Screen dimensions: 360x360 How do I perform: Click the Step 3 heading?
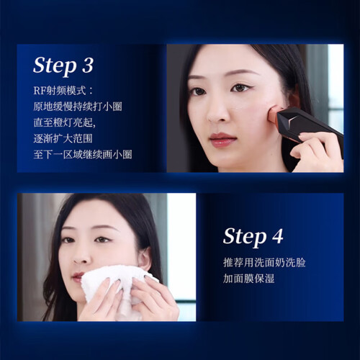pyautogui.click(x=63, y=66)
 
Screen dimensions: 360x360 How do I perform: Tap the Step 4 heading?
pyautogui.click(x=253, y=237)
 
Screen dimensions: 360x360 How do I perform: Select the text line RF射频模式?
pyautogui.click(x=63, y=91)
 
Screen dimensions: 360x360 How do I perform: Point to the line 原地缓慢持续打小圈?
pyautogui.click(x=78, y=107)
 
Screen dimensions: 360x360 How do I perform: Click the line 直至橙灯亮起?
pyautogui.click(x=65, y=122)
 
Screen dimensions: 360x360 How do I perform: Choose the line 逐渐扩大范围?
pyautogui.click(x=63, y=138)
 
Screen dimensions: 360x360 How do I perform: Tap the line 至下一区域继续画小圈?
pyautogui.click(x=83, y=154)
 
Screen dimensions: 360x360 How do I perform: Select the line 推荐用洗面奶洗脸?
pyautogui.click(x=264, y=262)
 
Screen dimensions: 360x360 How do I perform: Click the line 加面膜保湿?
pyautogui.click(x=248, y=279)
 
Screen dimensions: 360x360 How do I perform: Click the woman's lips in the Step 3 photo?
pyautogui.click(x=222, y=140)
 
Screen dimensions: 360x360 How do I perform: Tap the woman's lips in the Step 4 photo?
pyautogui.click(x=77, y=276)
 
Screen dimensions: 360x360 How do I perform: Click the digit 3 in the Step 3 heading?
pyautogui.click(x=87, y=65)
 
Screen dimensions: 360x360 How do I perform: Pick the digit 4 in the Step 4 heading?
pyautogui.click(x=277, y=236)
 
